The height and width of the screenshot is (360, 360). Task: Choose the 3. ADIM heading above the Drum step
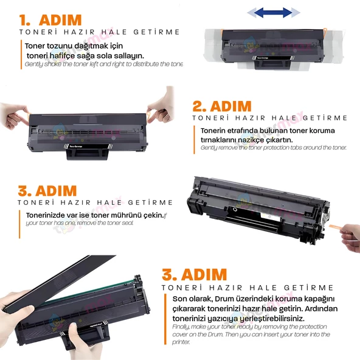coord(195,274)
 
